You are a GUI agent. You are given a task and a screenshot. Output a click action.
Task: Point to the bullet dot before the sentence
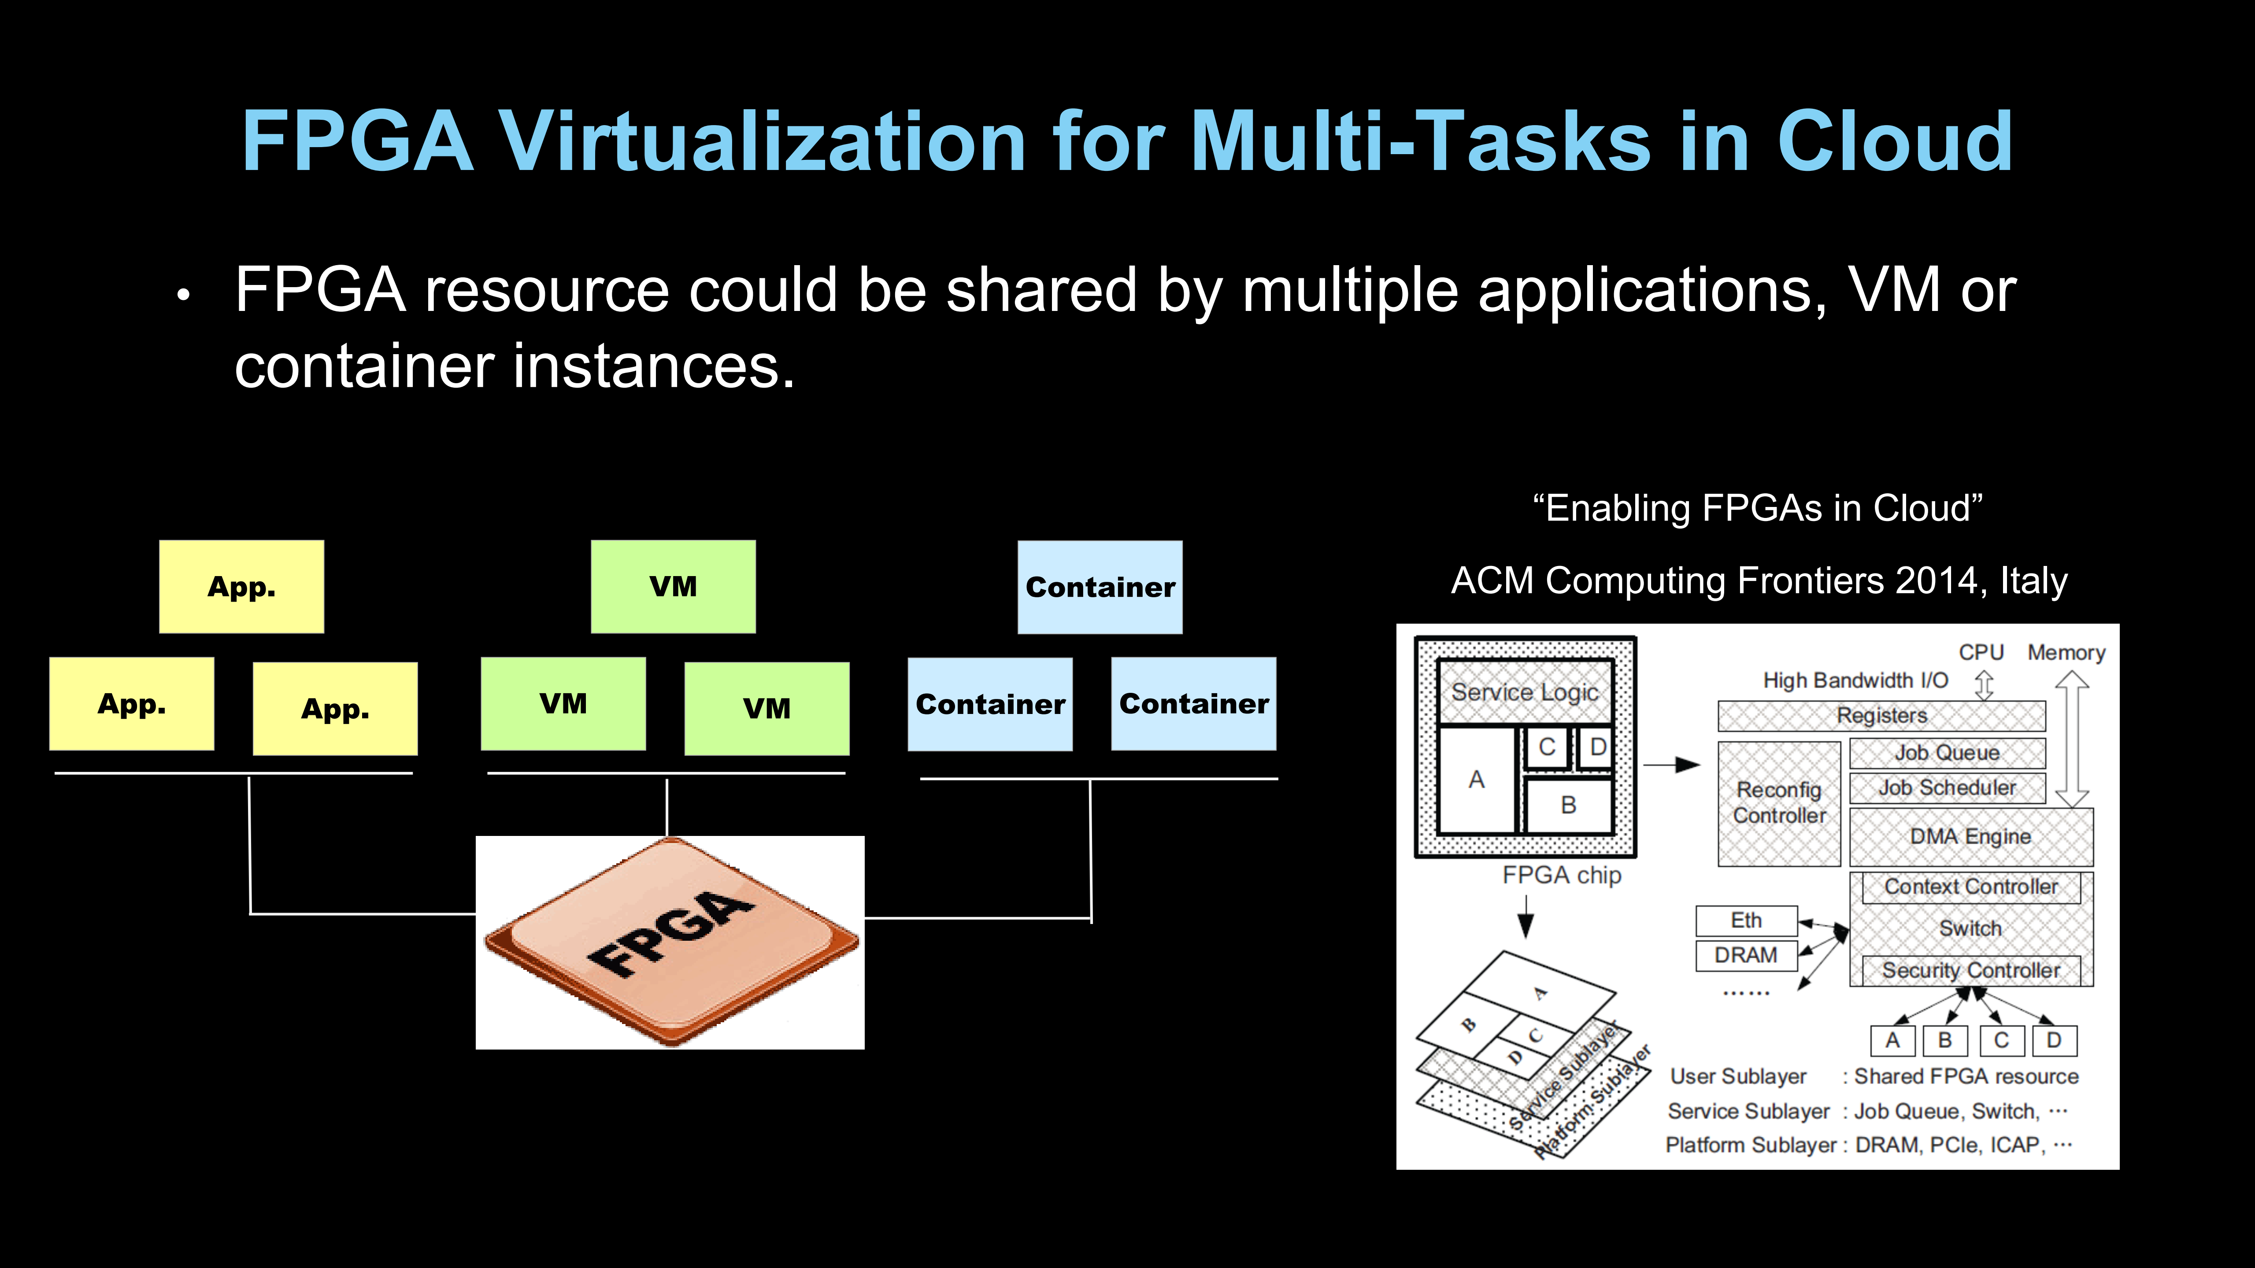pos(183,295)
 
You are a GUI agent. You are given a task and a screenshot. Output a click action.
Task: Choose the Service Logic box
pos(1525,692)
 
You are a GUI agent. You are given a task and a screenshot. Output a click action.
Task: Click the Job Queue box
pos(1947,753)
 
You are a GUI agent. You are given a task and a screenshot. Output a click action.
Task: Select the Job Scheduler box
pos(1947,787)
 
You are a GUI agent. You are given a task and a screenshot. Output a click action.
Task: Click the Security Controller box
pos(1970,970)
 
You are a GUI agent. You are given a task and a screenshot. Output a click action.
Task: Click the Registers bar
pos(1881,716)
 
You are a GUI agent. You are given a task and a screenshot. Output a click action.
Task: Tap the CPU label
pos(1981,653)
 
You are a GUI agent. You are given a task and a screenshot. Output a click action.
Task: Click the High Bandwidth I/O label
pos(1855,681)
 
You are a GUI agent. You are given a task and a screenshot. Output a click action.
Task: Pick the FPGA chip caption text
pos(1562,875)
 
